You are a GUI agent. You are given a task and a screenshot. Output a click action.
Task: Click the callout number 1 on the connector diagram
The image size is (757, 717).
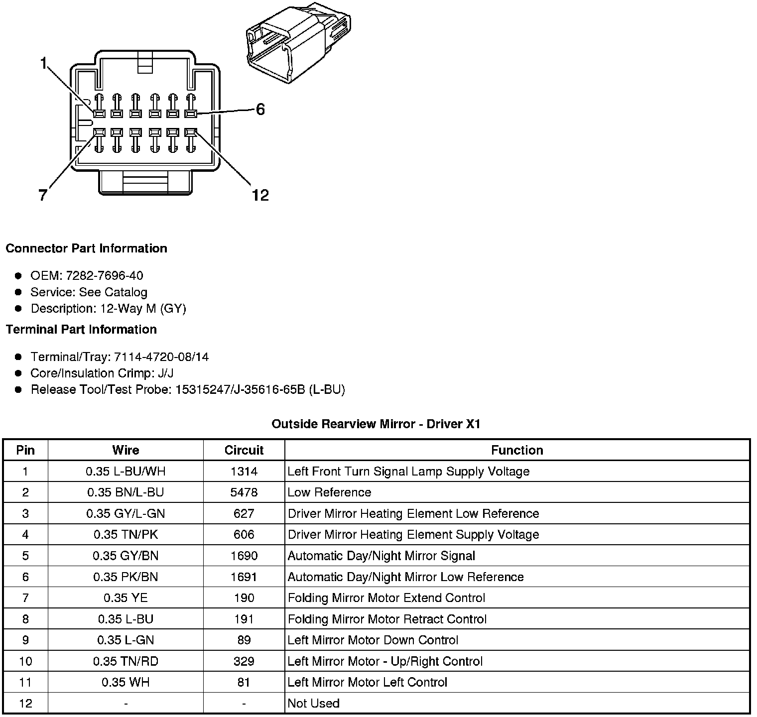(44, 63)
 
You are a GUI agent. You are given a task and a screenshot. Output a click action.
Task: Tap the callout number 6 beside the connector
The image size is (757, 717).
(260, 110)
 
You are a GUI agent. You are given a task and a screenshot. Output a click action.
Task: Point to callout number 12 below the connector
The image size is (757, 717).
(260, 195)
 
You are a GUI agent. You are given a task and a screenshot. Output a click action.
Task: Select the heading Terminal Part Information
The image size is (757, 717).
(81, 330)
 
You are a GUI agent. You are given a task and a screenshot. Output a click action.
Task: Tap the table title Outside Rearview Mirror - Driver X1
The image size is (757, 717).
(376, 424)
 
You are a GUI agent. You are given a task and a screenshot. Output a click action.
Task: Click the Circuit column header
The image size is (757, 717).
(244, 450)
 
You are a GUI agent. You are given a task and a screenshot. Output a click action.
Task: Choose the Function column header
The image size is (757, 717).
(517, 450)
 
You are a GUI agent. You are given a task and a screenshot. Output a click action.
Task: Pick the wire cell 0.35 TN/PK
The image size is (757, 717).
(126, 535)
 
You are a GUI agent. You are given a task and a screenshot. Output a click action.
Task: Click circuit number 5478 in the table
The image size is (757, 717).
(244, 492)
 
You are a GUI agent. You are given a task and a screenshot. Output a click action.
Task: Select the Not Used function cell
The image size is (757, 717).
(314, 704)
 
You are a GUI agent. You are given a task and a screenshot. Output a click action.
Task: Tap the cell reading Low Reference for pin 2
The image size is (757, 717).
(329, 492)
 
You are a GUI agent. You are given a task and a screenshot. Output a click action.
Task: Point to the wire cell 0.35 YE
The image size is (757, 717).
(126, 598)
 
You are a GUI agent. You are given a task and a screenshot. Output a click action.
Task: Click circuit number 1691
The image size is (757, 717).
(244, 577)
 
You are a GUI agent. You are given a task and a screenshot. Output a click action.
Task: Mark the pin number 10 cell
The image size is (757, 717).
(25, 661)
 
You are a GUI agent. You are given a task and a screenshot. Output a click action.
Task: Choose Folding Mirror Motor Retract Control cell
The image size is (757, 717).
(387, 619)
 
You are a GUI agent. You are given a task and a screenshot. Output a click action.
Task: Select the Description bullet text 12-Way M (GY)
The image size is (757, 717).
(143, 309)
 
